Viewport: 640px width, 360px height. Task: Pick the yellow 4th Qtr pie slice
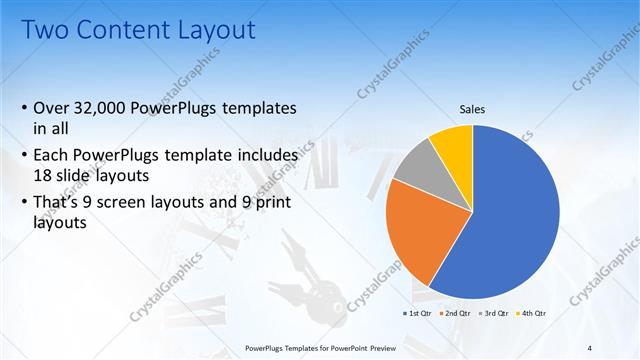[x=454, y=143]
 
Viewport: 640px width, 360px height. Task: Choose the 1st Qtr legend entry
[x=416, y=313]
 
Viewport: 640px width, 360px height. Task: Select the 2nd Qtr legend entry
[x=455, y=313]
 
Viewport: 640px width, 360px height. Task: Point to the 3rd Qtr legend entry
[x=493, y=313]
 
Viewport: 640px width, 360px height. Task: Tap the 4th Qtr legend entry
[x=531, y=313]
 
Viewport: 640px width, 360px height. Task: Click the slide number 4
[x=590, y=347]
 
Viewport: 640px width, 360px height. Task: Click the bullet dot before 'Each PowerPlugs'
[x=24, y=157]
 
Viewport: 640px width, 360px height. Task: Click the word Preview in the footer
[x=380, y=347]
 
